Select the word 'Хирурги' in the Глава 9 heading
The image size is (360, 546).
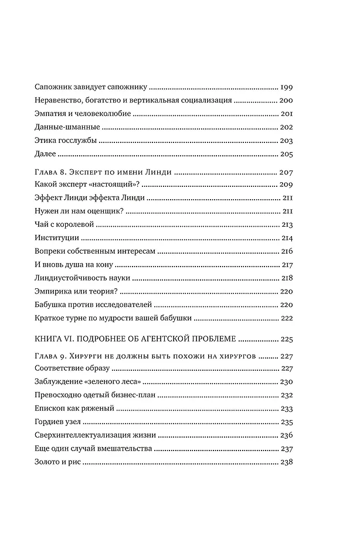pos(91,356)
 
